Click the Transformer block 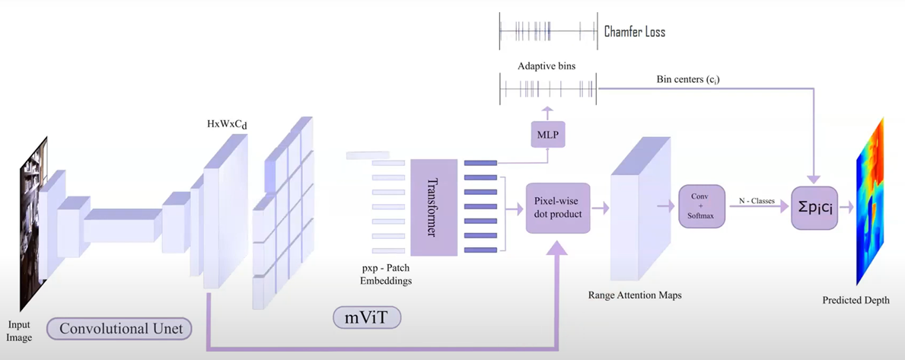pyautogui.click(x=433, y=208)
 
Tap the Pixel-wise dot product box pyautogui.click(x=559, y=207)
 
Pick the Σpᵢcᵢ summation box pyautogui.click(x=814, y=208)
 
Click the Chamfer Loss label pyautogui.click(x=634, y=32)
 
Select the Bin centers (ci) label pyautogui.click(x=688, y=79)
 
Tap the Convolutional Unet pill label pyautogui.click(x=119, y=329)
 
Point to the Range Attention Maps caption pyautogui.click(x=635, y=295)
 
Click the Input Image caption pyautogui.click(x=20, y=331)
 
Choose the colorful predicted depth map pyautogui.click(x=871, y=202)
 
